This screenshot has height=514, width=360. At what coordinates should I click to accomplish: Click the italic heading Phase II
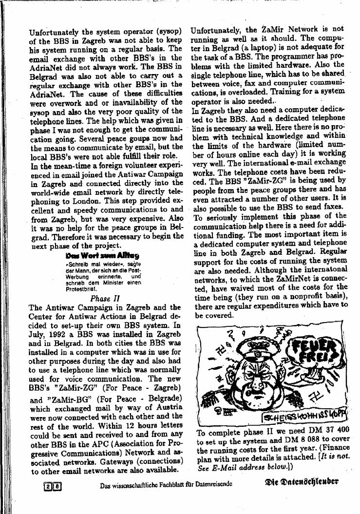[105, 298]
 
